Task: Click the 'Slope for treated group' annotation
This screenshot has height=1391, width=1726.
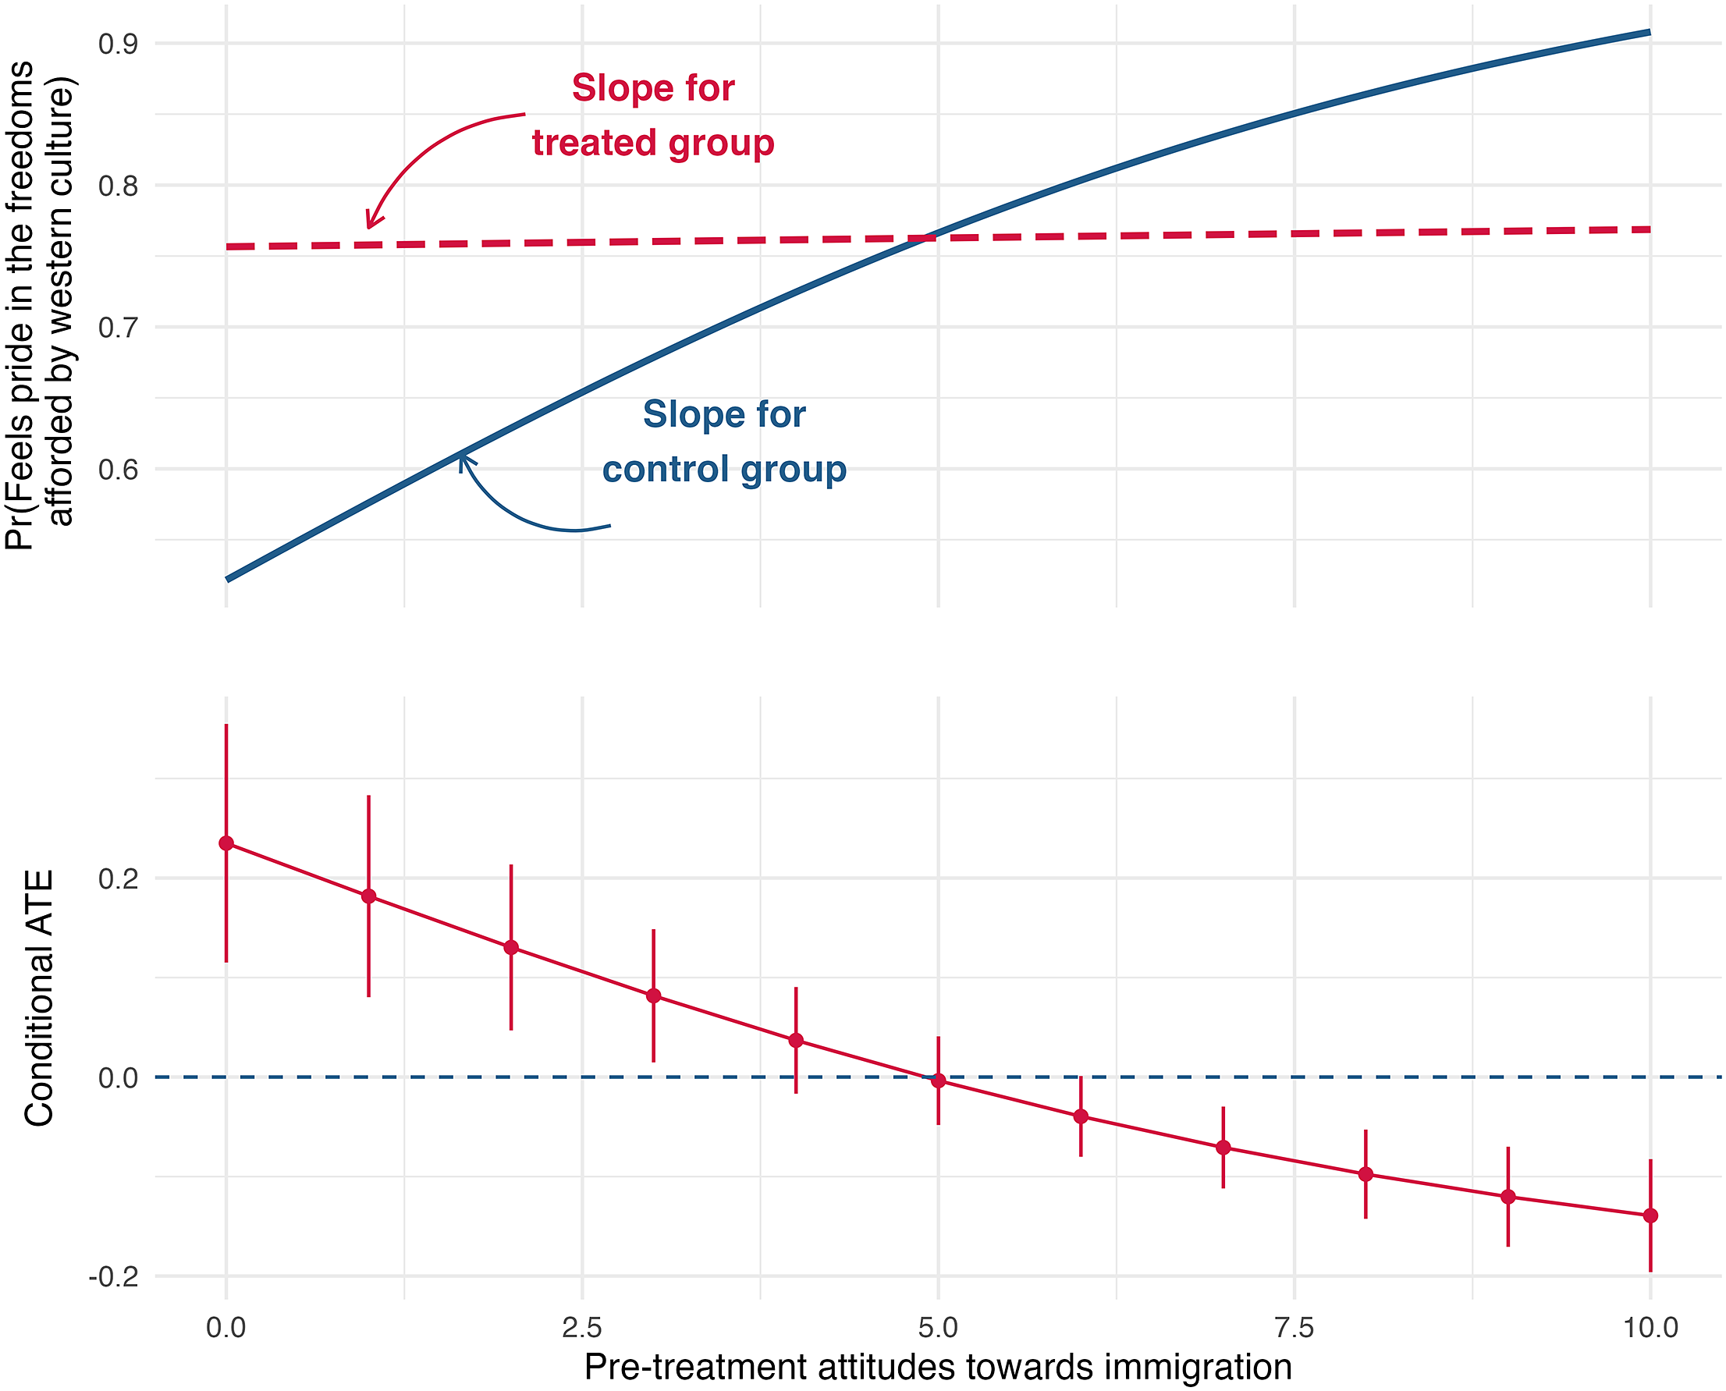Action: point(653,116)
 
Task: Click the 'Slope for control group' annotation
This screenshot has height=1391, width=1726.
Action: point(724,442)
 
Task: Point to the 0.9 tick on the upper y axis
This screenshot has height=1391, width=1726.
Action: point(118,44)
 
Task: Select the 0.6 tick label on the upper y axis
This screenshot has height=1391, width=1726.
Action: point(118,470)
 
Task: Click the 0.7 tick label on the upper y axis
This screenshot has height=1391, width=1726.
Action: point(118,328)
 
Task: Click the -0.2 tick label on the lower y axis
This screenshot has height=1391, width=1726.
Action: point(113,1276)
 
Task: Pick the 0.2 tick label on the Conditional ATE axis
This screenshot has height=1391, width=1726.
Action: point(118,878)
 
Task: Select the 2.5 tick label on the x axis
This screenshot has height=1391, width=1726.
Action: point(582,1328)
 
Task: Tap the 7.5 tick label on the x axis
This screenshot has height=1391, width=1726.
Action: point(1294,1328)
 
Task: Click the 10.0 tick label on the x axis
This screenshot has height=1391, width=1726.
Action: point(1650,1328)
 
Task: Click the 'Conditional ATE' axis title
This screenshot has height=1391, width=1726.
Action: point(38,999)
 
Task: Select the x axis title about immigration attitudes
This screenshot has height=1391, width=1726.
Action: point(938,1368)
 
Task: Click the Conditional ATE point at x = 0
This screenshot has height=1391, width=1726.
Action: point(226,843)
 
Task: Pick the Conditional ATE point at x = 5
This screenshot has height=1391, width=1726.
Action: point(939,1081)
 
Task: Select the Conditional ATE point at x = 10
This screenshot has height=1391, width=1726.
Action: point(1650,1215)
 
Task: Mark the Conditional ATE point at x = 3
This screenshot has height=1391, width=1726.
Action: point(654,996)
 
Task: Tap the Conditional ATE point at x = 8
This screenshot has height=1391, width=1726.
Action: point(1366,1175)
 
